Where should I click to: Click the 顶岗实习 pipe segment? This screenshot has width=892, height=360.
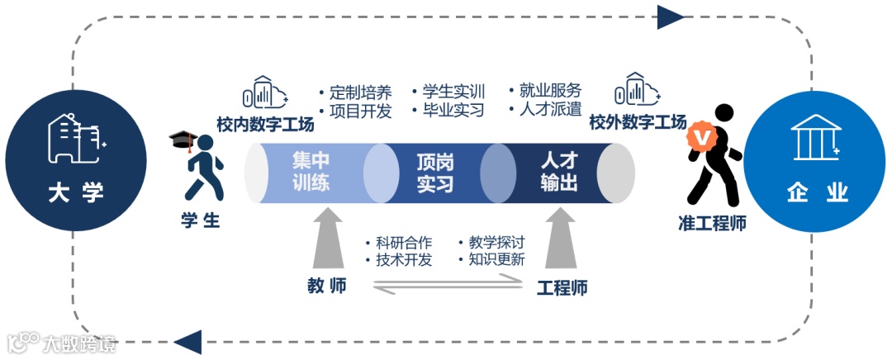pos(434,173)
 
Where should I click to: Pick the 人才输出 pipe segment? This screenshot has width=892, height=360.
pos(559,172)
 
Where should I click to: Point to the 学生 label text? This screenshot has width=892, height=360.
pos(200,220)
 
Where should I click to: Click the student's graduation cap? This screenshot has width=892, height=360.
pos(181,139)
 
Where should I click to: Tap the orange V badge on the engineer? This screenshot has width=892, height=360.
pos(703,137)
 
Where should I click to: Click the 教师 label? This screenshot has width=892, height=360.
pos(327,287)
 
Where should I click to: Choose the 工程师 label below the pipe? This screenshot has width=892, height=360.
pos(562,288)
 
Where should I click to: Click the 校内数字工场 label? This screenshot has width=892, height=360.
pos(265,125)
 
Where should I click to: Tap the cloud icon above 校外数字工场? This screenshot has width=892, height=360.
pos(638,91)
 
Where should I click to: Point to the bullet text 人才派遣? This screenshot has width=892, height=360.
pos(550,109)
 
